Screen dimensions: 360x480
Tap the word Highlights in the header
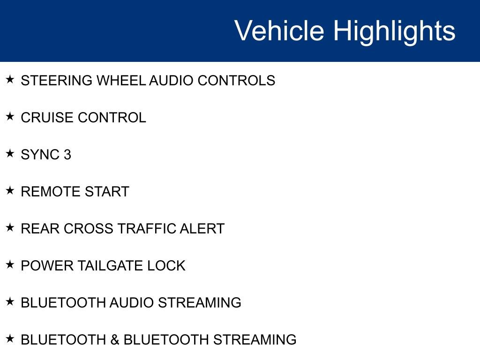(x=394, y=31)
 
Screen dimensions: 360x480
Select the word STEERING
(x=57, y=81)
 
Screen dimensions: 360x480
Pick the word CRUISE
(x=47, y=118)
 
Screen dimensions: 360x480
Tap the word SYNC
(x=39, y=155)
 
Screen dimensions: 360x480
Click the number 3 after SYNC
(x=67, y=155)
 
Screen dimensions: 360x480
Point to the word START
(x=107, y=192)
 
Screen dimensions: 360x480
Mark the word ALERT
(x=202, y=229)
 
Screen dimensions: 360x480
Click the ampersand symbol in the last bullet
(x=115, y=340)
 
